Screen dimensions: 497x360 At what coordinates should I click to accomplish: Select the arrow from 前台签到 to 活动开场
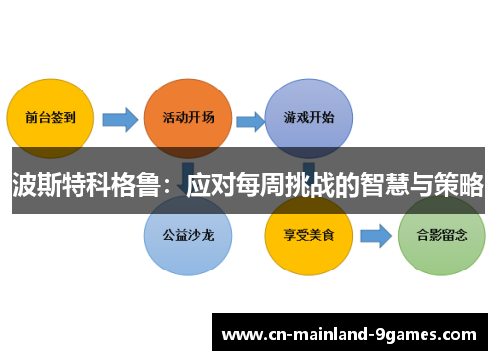[120, 120]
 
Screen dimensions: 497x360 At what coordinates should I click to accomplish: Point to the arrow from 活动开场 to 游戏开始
[249, 120]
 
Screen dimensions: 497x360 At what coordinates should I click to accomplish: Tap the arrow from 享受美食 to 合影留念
[375, 236]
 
